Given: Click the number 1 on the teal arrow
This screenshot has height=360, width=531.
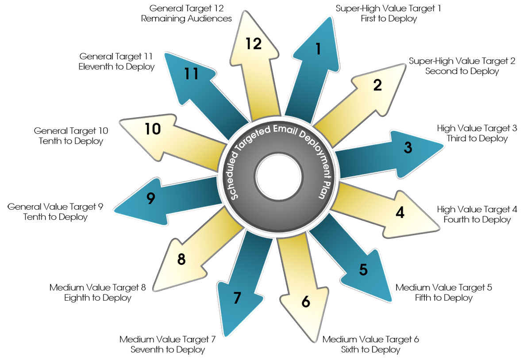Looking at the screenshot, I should click(317, 49).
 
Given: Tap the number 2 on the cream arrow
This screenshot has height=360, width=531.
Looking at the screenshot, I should click(377, 85).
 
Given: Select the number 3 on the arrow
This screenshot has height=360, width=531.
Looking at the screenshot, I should click(408, 148).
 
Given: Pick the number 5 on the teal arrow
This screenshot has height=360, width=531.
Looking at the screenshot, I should click(363, 269).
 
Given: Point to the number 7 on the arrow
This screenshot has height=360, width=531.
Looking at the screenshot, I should click(237, 298).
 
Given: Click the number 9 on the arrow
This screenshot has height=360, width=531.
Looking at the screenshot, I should click(150, 199).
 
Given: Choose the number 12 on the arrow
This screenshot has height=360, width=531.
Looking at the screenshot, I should click(254, 44).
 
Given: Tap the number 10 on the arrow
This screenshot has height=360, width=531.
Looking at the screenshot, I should click(153, 129).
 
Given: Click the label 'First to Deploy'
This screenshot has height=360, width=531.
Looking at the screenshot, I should click(389, 19).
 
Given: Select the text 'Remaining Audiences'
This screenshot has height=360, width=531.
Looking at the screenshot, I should click(187, 19).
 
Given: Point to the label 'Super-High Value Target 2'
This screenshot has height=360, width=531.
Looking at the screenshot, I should click(462, 61).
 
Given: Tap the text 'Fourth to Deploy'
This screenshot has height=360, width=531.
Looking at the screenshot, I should click(477, 219).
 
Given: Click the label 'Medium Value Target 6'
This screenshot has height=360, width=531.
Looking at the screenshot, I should click(370, 340).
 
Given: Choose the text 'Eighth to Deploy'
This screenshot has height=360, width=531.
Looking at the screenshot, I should click(98, 298).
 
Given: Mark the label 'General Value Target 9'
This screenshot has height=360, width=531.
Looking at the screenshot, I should click(55, 207).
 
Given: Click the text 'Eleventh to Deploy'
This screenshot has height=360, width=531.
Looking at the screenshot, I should click(116, 67).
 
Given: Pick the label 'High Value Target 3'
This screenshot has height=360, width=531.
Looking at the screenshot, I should click(477, 128).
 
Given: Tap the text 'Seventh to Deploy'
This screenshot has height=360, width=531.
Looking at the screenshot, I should click(168, 350).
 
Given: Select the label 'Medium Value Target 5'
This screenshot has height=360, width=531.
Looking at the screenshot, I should click(443, 287).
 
